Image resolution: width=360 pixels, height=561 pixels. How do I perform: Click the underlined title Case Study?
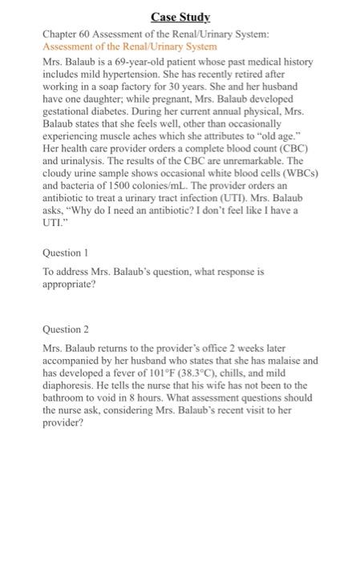pyautogui.click(x=180, y=17)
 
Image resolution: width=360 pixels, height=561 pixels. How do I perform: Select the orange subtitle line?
pyautogui.click(x=131, y=46)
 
